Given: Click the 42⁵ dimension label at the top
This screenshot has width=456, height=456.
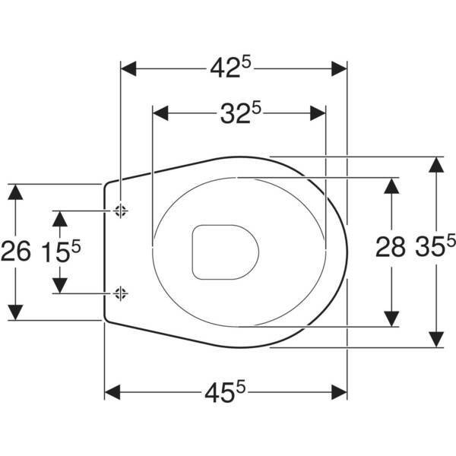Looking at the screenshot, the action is click(230, 68).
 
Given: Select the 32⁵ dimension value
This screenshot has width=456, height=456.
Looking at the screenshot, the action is click(241, 112).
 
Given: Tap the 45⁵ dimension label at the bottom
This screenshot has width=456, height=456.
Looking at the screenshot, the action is click(225, 392).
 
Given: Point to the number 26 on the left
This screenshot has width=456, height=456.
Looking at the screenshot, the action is click(15, 251).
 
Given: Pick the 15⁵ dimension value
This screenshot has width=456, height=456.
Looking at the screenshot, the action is click(61, 251).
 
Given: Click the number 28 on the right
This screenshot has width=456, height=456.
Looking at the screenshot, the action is click(391, 246).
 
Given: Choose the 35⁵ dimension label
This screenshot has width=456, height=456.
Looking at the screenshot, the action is click(435, 245).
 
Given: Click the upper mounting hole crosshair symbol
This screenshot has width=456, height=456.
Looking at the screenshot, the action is click(120, 211).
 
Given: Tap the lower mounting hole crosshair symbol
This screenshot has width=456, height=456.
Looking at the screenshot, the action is click(120, 293).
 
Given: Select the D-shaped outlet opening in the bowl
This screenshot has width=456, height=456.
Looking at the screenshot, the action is click(225, 252).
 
